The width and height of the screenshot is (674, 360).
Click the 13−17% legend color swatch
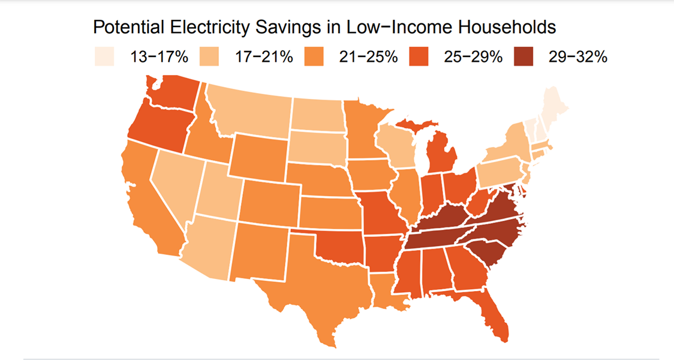tap(105, 58)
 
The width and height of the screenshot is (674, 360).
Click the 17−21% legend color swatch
tap(209, 58)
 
